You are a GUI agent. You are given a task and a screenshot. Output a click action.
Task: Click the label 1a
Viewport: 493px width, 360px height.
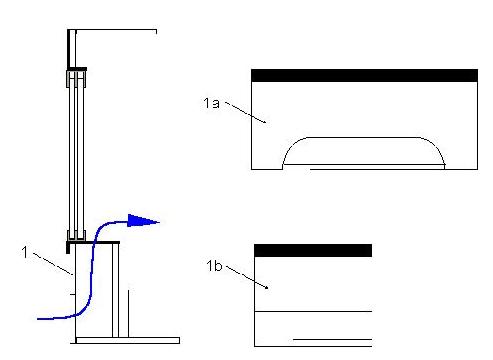(212, 103)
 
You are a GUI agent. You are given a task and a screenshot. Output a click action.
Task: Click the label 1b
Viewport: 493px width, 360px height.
(214, 266)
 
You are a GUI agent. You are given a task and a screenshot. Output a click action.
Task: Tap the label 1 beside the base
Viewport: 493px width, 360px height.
(25, 252)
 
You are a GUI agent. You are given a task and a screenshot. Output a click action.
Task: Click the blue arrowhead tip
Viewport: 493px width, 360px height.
(160, 222)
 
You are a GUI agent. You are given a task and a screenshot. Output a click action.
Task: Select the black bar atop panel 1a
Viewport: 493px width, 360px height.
(364, 76)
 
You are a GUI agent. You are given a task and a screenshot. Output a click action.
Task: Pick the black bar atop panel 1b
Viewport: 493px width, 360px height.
(313, 250)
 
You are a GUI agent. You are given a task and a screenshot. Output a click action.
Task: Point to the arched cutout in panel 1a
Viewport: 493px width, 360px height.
(363, 137)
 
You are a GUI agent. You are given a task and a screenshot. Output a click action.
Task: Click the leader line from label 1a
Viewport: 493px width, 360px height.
(246, 112)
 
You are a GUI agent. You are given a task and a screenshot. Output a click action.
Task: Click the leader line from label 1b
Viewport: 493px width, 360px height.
(247, 277)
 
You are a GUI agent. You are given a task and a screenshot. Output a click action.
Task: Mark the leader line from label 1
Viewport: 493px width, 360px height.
(53, 264)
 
